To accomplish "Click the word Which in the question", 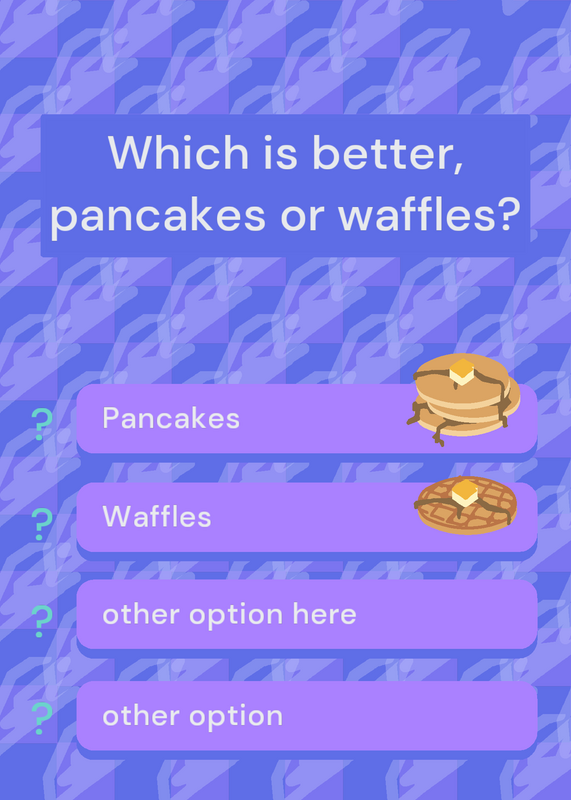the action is click(178, 152).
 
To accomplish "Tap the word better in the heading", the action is click(381, 152).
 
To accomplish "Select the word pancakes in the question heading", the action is click(158, 215).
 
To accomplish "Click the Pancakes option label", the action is click(171, 418).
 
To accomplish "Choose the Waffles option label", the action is click(157, 516).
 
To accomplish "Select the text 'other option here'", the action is click(229, 614).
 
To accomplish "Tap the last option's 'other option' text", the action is click(192, 716).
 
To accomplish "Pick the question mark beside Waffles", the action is click(42, 524).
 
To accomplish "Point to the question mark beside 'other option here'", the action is click(42, 621).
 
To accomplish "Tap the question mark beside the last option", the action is click(42, 718).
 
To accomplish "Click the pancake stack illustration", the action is click(463, 398).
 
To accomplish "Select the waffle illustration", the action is click(466, 505).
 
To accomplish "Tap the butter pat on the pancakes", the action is click(462, 371).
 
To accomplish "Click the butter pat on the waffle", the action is click(465, 493).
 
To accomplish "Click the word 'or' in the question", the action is click(302, 215).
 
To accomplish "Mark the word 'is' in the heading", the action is click(280, 152).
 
